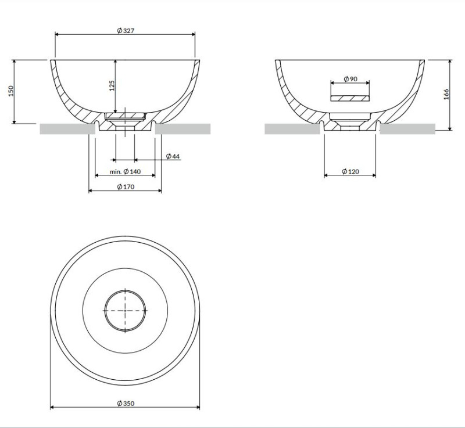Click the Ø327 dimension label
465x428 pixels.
coord(125,31)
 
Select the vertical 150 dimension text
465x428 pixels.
coord(10,91)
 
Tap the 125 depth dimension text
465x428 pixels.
coord(112,85)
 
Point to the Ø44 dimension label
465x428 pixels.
coord(173,156)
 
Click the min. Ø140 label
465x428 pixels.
coord(125,172)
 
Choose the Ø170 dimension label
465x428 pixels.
coord(125,186)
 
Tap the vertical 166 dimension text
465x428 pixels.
coord(446,95)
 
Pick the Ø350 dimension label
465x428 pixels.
coord(125,404)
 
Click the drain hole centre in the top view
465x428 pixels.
coord(125,310)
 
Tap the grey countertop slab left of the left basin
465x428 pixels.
coord(67,129)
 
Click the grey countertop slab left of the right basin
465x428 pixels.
coord(291,129)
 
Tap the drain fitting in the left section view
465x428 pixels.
coord(125,119)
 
